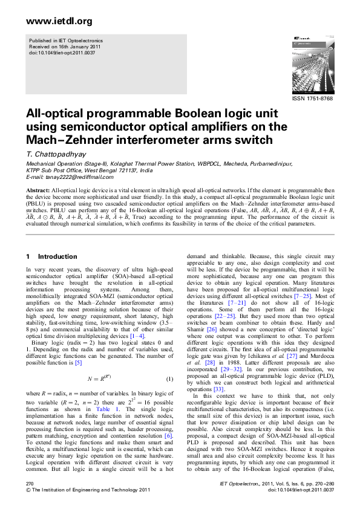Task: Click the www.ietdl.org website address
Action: pos(59,22)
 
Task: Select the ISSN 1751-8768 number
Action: pos(312,98)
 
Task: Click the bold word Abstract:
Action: pos(38,190)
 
